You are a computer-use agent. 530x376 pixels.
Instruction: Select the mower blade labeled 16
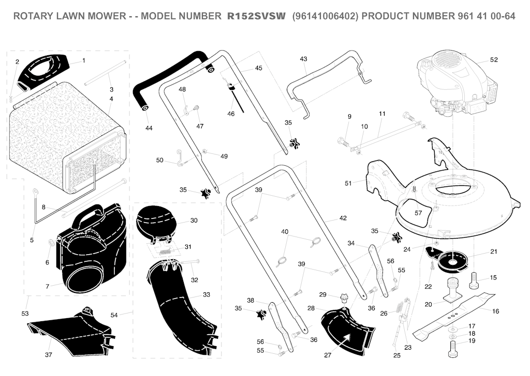click(x=454, y=315)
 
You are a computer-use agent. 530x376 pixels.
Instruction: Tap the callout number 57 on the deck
click(x=418, y=213)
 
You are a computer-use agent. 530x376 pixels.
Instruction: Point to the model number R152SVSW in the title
click(x=256, y=16)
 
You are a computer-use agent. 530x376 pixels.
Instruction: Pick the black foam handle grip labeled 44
click(x=172, y=81)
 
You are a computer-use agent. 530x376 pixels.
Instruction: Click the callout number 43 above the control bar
click(x=303, y=59)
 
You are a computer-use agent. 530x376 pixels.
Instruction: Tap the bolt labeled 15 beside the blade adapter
click(x=474, y=281)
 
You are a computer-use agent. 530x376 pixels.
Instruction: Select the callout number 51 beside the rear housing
click(x=348, y=183)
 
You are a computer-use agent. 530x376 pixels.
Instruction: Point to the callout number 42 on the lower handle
click(x=343, y=218)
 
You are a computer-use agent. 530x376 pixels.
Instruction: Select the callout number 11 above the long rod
click(x=382, y=114)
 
